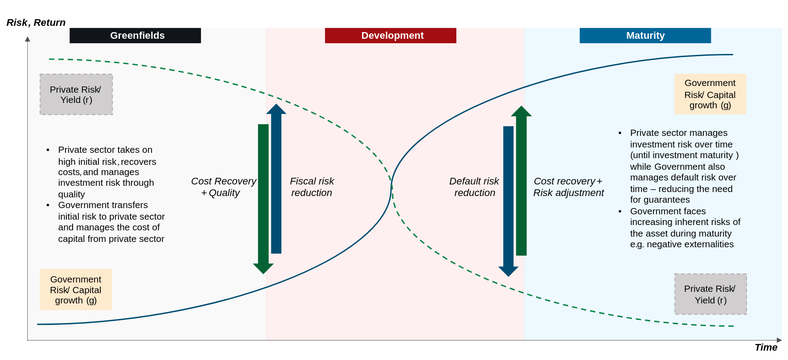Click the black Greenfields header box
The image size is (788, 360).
tap(135, 36)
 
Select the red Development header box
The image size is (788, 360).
tap(390, 36)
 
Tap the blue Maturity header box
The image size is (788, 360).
tap(645, 36)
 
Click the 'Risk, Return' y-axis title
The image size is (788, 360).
tap(36, 23)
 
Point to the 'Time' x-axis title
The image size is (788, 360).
tap(766, 348)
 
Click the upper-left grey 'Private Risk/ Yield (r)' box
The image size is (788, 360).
tap(76, 94)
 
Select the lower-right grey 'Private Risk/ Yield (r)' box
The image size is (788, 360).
tap(710, 295)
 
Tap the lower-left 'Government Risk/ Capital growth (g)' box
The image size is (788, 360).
tap(76, 290)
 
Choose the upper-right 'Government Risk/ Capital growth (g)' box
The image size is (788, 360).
tap(710, 94)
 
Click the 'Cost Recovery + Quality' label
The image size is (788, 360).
tap(223, 187)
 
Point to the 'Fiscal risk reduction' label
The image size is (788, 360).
tap(312, 187)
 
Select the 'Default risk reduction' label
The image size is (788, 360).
tap(474, 187)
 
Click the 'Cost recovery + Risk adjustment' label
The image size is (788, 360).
tap(568, 187)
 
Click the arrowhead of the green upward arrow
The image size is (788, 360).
tap(521, 111)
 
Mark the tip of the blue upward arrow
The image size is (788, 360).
tap(276, 106)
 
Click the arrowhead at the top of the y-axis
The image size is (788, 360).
tap(28, 39)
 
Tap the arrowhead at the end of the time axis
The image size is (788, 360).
tap(779, 340)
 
